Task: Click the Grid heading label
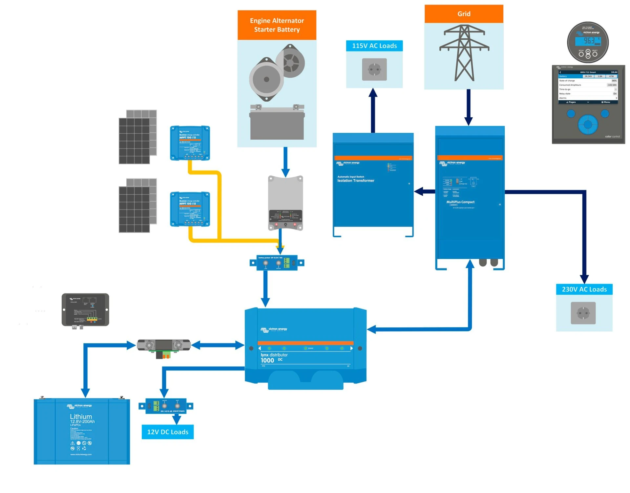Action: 464,14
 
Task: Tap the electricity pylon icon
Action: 464,52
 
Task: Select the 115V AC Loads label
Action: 374,46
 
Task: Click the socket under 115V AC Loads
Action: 374,69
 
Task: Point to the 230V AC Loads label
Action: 584,289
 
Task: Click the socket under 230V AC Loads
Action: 583,313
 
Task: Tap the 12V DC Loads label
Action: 168,432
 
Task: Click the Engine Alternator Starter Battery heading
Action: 277,25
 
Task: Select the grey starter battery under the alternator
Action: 277,123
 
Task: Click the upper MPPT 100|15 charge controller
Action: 190,143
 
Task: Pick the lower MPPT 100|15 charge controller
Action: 190,209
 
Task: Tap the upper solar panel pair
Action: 137,137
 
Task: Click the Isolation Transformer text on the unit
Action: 356,181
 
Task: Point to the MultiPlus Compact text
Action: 460,202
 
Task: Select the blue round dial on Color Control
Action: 588,125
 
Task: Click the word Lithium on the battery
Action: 81,416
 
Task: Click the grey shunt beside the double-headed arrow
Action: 163,345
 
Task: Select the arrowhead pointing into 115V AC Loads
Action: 373,92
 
